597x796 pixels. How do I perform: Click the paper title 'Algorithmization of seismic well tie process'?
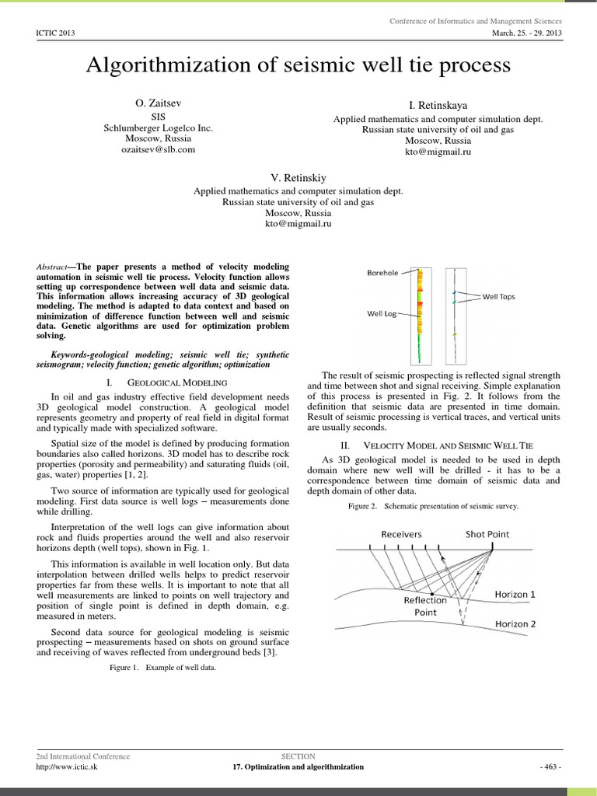click(x=298, y=66)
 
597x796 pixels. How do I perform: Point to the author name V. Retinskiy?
click(x=298, y=178)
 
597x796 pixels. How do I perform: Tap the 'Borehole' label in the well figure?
click(x=383, y=273)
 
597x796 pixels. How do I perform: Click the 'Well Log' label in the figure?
click(x=382, y=314)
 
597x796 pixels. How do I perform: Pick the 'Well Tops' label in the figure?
click(x=498, y=296)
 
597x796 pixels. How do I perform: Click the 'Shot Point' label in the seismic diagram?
click(x=487, y=534)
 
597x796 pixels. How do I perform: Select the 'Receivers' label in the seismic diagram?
click(x=402, y=534)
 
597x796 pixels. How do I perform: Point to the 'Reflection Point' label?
click(x=425, y=606)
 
